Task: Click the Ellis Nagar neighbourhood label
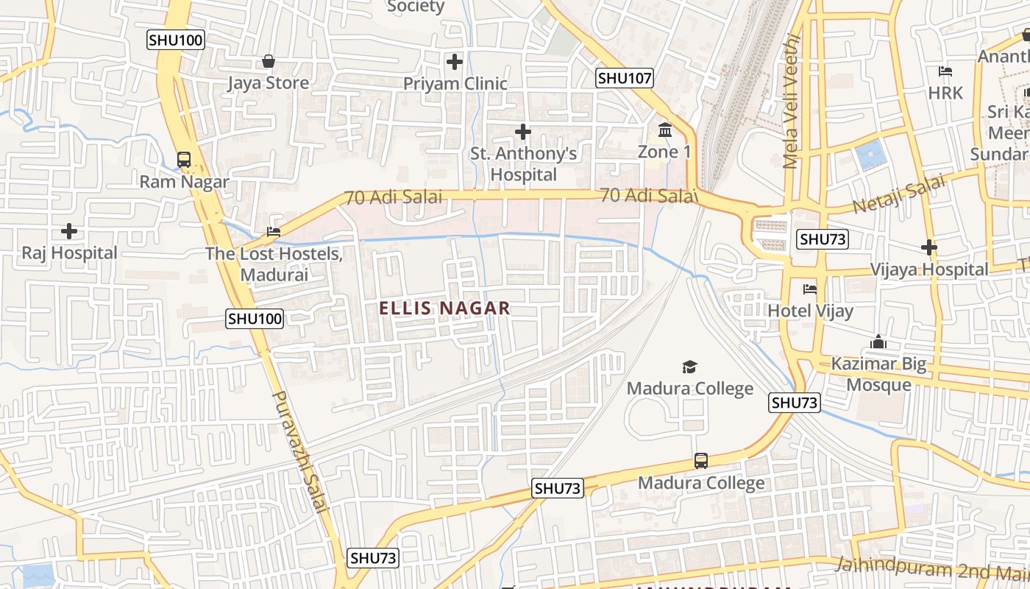tap(444, 308)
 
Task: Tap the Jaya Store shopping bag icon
tap(269, 61)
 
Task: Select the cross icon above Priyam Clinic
tap(455, 62)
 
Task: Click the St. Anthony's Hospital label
tap(523, 164)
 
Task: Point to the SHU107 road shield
tap(625, 78)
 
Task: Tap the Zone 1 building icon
tap(665, 130)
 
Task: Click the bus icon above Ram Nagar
tap(184, 159)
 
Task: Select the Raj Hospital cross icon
tap(69, 231)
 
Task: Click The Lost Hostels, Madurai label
tap(274, 264)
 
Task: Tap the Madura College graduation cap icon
tap(689, 367)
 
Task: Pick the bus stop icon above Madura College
tap(701, 461)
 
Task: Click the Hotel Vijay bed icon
tap(810, 289)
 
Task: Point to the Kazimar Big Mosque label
tap(878, 374)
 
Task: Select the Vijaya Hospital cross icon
tap(929, 248)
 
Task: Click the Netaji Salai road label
tap(899, 194)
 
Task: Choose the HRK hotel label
tap(945, 93)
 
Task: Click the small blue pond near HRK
tap(870, 155)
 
